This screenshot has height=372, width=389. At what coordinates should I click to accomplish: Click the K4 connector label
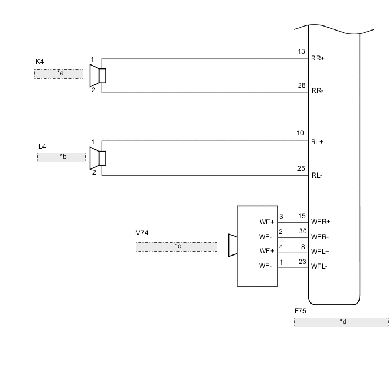pos(39,62)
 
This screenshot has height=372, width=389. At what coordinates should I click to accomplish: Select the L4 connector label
pos(42,146)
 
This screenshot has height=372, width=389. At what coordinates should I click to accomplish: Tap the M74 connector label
pos(141,233)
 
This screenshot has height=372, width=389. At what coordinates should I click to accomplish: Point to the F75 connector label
pos(300,311)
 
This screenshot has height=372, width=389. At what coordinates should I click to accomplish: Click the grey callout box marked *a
pos(59,73)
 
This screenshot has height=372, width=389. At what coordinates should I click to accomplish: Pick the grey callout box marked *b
pos(62,157)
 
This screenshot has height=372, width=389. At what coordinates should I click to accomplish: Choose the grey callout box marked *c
pos(176,246)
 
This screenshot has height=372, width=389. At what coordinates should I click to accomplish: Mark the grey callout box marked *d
pos(341,322)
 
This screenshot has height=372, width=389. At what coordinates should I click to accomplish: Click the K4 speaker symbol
pos(98,75)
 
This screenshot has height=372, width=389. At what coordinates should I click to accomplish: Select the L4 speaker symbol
pos(98,158)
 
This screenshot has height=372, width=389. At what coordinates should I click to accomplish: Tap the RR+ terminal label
pos(318,58)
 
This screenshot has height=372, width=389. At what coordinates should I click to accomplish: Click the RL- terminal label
pos(317,175)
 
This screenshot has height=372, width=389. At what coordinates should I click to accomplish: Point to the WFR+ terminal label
pos(321,222)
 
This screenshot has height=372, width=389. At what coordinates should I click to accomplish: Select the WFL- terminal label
pos(320,266)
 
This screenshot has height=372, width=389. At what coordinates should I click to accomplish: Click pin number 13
pos(301,51)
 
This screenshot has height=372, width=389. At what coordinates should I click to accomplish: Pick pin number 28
pos(301,85)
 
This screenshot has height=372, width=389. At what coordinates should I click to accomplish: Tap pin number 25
pos(301,168)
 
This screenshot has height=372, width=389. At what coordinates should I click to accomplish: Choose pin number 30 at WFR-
pos(302,231)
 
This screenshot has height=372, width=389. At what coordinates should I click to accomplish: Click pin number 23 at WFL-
pos(302,261)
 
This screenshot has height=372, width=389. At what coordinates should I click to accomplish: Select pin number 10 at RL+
pos(301,133)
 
